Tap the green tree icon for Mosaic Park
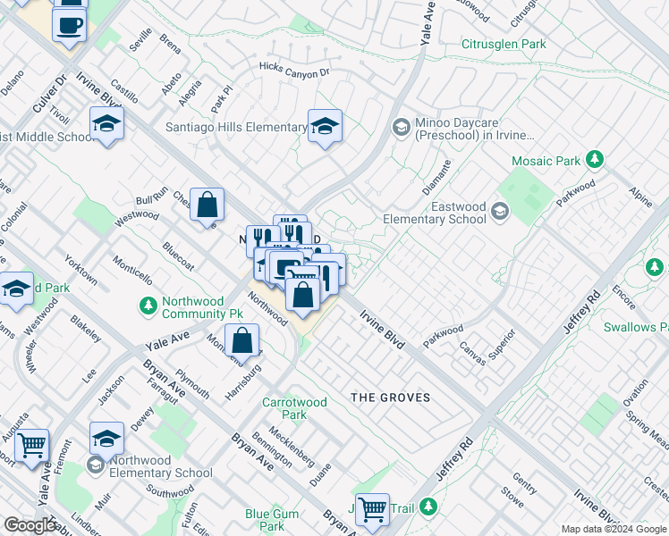(595, 161)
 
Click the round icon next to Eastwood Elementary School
(499, 212)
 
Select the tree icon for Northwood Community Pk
(149, 306)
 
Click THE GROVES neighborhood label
(390, 398)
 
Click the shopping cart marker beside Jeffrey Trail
(372, 508)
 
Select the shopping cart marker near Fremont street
(32, 443)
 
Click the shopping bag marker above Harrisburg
(241, 339)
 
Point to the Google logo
(30, 526)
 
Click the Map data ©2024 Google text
(614, 529)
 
